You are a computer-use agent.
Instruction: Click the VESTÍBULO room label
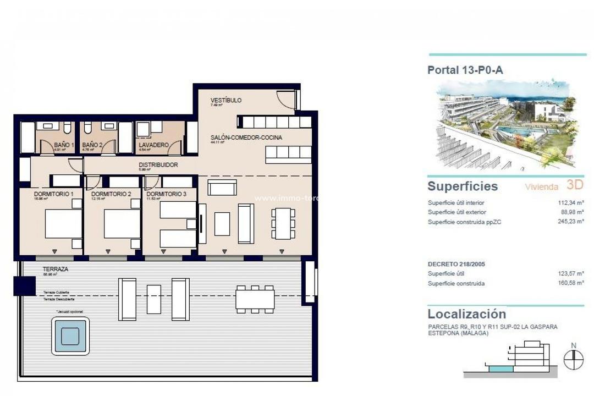click(226, 101)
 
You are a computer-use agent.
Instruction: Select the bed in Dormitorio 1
click(63, 224)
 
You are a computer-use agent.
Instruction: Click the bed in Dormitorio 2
click(122, 224)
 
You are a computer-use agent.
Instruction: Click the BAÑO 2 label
click(92, 145)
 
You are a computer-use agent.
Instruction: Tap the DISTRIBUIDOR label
click(158, 164)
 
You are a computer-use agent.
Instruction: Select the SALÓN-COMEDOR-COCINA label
click(246, 137)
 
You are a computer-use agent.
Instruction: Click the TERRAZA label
click(56, 269)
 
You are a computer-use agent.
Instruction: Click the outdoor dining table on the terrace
click(255, 299)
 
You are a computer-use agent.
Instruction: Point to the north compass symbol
click(574, 359)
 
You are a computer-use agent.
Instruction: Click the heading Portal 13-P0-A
click(465, 70)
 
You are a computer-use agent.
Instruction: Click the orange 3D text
click(574, 186)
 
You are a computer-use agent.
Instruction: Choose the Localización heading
click(466, 314)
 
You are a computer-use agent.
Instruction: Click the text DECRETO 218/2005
click(456, 264)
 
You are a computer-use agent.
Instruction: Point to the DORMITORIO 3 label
click(163, 194)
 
